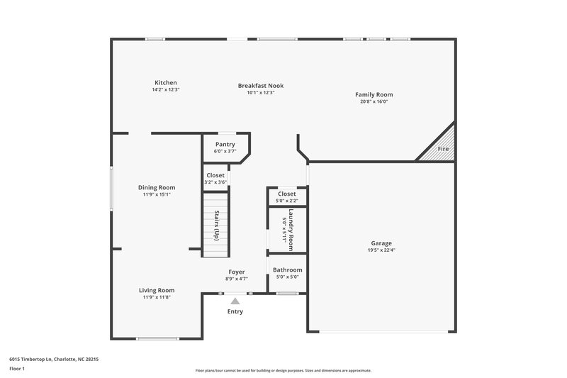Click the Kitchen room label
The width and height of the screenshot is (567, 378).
click(165, 83)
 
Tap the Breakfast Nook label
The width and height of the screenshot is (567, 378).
click(260, 86)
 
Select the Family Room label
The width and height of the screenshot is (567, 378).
click(374, 94)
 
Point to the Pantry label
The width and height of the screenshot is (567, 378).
click(225, 145)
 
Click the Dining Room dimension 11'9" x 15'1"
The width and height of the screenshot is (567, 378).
click(156, 194)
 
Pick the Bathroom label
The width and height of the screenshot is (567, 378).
click(287, 269)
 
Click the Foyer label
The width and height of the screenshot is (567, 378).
click(236, 272)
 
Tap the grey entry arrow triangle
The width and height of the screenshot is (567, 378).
click(235, 301)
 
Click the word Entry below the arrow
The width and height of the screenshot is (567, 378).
click(235, 311)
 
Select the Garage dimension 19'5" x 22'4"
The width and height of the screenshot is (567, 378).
click(381, 250)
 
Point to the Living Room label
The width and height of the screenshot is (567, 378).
click(156, 290)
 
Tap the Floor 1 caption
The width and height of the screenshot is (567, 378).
click(17, 369)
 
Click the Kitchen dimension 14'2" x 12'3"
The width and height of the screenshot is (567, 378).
click(165, 90)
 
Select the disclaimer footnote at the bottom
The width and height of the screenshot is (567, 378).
click(283, 370)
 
